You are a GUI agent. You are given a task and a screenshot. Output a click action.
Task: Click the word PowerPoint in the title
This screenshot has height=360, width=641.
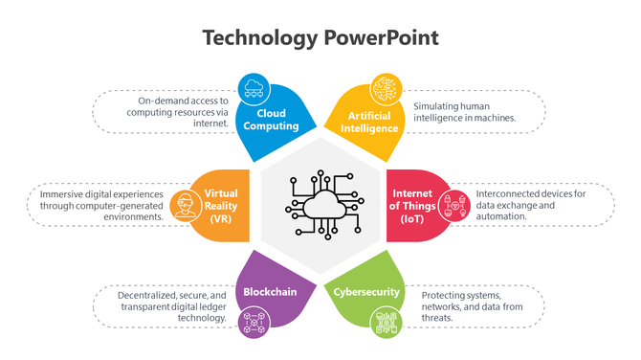(381, 38)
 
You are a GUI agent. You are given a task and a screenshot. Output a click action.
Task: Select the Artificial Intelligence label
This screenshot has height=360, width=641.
(371, 122)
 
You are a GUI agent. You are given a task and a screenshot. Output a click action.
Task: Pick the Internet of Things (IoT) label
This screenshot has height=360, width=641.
(416, 207)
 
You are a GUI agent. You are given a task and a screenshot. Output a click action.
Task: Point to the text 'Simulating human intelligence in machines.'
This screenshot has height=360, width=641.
(465, 111)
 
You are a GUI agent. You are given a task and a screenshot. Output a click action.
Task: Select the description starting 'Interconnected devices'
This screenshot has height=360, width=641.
(529, 205)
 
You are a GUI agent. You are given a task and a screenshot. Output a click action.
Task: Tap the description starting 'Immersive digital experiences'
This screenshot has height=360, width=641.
(102, 205)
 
